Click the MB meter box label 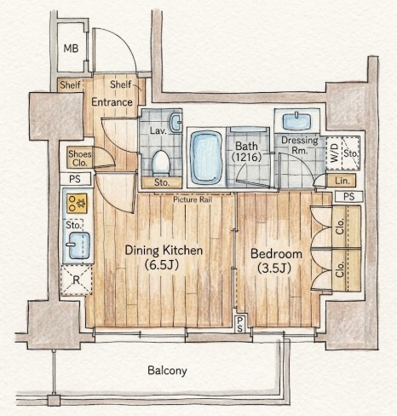pyautogui.click(x=71, y=49)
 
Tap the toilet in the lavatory pyautogui.click(x=161, y=163)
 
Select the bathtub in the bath pyautogui.click(x=206, y=158)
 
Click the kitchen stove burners pyautogui.click(x=77, y=203)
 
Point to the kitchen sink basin pyautogui.click(x=78, y=246)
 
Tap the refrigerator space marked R pyautogui.click(x=76, y=280)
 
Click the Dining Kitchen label pyautogui.click(x=164, y=257)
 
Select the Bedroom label pyautogui.click(x=276, y=261)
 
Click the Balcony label pyautogui.click(x=167, y=371)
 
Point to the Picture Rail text pyautogui.click(x=193, y=199)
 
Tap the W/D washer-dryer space pyautogui.click(x=335, y=153)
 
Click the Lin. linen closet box pyautogui.click(x=342, y=180)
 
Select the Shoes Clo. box pyautogui.click(x=80, y=158)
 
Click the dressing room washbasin pyautogui.click(x=297, y=121)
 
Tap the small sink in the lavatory pyautogui.click(x=175, y=122)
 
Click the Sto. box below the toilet pyautogui.click(x=162, y=182)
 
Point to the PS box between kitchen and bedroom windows pyautogui.click(x=240, y=324)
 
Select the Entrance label pyautogui.click(x=112, y=102)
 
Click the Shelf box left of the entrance pyautogui.click(x=70, y=84)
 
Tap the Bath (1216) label pyautogui.click(x=246, y=152)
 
